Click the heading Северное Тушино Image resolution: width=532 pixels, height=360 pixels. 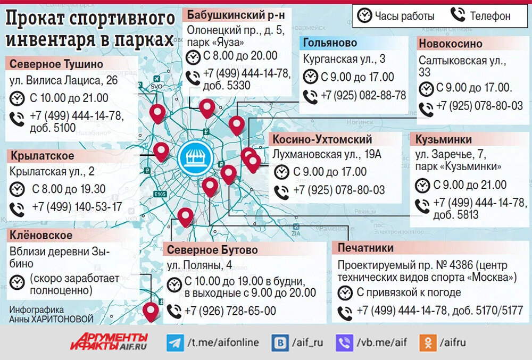56,64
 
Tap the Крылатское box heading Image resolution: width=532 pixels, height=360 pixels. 42,156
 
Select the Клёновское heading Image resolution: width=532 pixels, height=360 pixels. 40,235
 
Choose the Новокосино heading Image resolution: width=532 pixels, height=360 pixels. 451,44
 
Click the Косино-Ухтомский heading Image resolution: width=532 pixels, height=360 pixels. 322,140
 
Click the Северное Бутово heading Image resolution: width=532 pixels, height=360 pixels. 212,249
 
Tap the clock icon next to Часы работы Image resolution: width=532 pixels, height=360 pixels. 364,15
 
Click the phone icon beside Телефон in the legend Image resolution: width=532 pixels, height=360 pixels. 458,15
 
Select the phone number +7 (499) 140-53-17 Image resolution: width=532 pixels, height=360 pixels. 77,207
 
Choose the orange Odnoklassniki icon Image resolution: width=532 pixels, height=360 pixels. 427,342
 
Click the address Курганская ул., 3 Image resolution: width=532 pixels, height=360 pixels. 344,59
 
